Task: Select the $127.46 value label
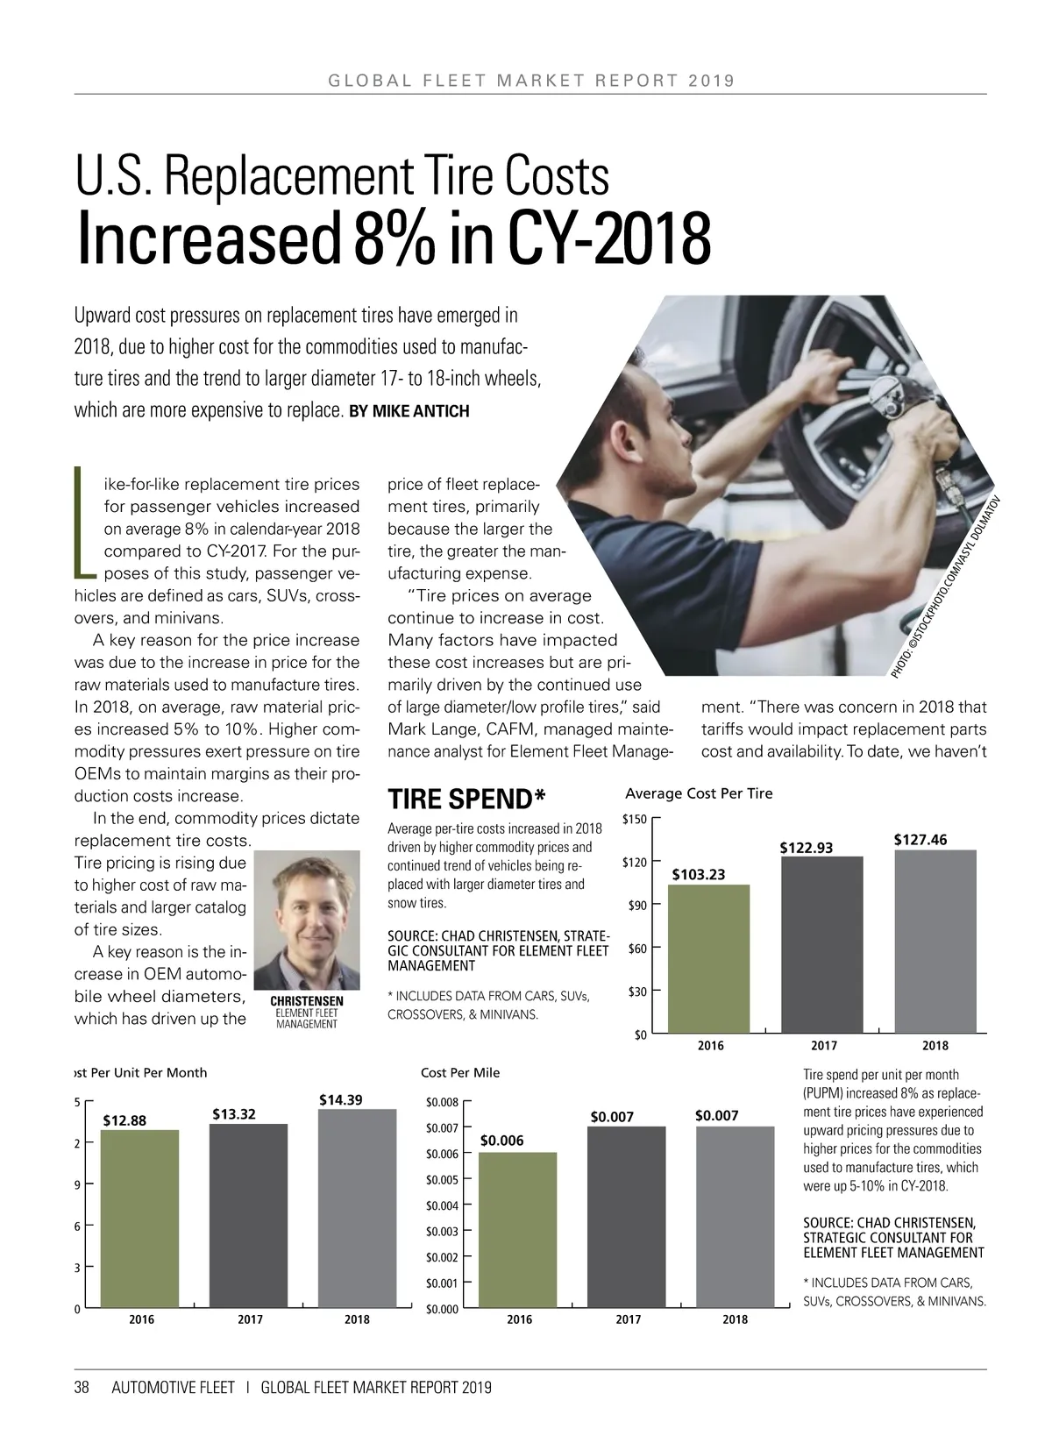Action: [x=920, y=840]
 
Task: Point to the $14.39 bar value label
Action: [x=340, y=1099]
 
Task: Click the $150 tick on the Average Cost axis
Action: [x=634, y=820]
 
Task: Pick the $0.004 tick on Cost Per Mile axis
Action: [x=442, y=1205]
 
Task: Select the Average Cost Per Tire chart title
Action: [x=699, y=793]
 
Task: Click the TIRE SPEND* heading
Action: [x=466, y=800]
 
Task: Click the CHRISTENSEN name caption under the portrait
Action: [x=306, y=1001]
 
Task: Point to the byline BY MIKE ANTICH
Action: [x=409, y=411]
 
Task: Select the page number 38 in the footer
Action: [x=82, y=1388]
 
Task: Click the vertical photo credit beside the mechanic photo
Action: [x=947, y=587]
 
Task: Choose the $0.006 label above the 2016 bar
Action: [x=502, y=1140]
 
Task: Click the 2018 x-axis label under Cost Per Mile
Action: [x=735, y=1319]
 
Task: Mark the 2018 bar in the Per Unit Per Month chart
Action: [x=357, y=1209]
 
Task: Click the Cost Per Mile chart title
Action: [x=460, y=1072]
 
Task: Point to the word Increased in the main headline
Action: [x=210, y=238]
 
